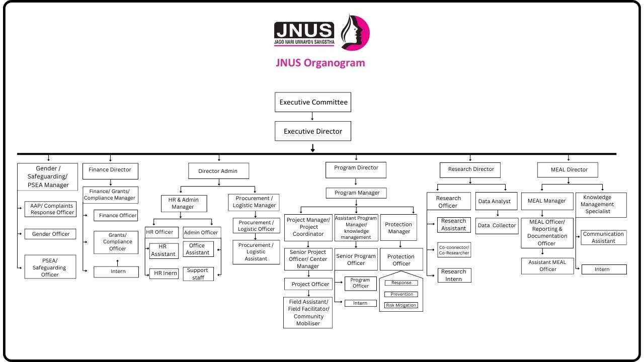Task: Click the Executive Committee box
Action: (x=313, y=102)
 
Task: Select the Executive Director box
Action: (x=313, y=131)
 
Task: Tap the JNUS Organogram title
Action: (x=320, y=63)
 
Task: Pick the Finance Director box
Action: (x=110, y=170)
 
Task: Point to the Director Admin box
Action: (x=218, y=171)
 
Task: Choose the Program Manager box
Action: (x=357, y=193)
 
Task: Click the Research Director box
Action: (x=471, y=169)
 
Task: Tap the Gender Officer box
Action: (x=51, y=234)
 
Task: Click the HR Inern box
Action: (x=165, y=274)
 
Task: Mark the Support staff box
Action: (x=198, y=274)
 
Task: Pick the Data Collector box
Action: (x=497, y=226)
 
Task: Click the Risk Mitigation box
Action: (x=401, y=305)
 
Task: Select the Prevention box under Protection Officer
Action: (x=401, y=294)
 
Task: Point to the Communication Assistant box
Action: (x=603, y=237)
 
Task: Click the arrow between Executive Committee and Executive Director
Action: (x=313, y=116)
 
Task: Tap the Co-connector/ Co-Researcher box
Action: (x=454, y=250)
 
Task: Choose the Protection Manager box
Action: (x=398, y=228)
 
